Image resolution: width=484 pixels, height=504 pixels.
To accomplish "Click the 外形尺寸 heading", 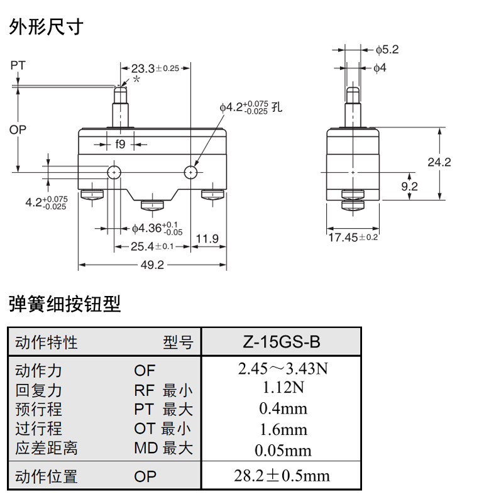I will (46, 27).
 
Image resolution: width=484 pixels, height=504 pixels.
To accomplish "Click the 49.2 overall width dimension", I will (151, 265).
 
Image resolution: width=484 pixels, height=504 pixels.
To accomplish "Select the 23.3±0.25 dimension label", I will (155, 68).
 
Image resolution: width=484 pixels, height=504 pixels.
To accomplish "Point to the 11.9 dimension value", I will (207, 238).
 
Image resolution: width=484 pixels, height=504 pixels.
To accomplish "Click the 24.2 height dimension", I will (439, 162).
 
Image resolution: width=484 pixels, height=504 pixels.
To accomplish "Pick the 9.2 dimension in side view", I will (409, 186).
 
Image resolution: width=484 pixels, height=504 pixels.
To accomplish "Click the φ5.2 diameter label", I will (387, 49).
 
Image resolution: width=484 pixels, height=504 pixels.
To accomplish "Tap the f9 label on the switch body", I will (120, 144).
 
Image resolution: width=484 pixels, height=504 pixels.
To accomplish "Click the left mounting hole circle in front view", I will (114, 172).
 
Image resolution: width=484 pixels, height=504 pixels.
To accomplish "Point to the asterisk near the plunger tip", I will (136, 80).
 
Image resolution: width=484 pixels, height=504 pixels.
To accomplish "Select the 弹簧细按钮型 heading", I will (65, 305).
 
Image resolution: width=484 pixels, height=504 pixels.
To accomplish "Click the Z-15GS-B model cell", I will (281, 342).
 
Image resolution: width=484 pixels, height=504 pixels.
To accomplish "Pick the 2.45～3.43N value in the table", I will (283, 369).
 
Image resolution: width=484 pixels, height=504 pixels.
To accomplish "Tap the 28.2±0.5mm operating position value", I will (282, 476).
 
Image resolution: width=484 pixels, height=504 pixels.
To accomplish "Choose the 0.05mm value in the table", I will (283, 450).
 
